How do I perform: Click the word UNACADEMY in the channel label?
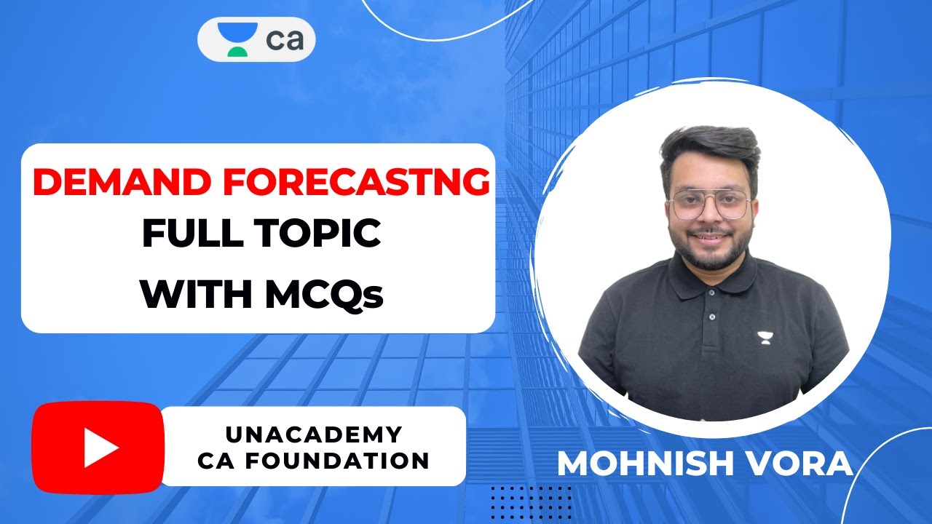click(313, 434)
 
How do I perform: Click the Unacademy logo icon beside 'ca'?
click(237, 39)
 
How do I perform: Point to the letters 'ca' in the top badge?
click(285, 40)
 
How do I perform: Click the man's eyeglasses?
click(709, 205)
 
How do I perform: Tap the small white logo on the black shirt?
click(764, 337)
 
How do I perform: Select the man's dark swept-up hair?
click(710, 149)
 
